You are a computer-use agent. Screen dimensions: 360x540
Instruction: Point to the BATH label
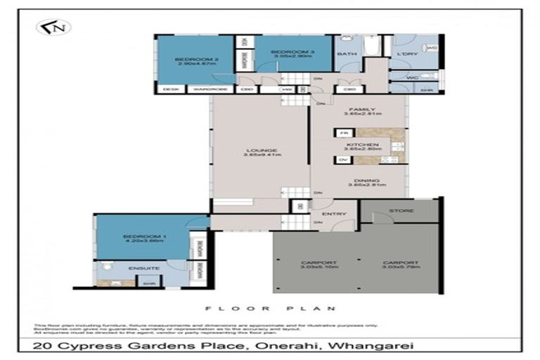point(347,53)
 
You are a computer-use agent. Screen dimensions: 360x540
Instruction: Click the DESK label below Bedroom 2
point(169,89)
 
